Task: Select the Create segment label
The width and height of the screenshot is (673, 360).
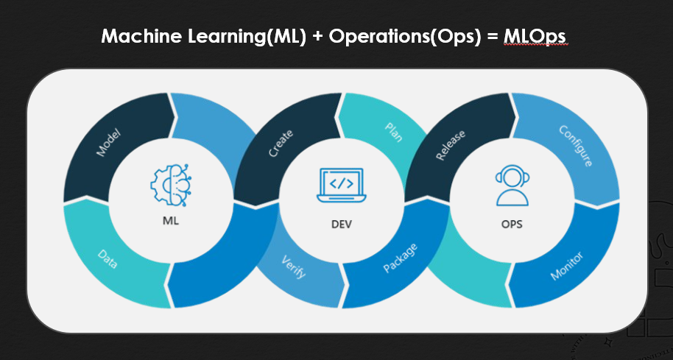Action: coord(281,144)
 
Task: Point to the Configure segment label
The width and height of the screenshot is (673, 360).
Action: coord(575,146)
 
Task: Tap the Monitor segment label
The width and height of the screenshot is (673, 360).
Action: coord(567,266)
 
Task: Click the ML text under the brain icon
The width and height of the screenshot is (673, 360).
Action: coord(169,219)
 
